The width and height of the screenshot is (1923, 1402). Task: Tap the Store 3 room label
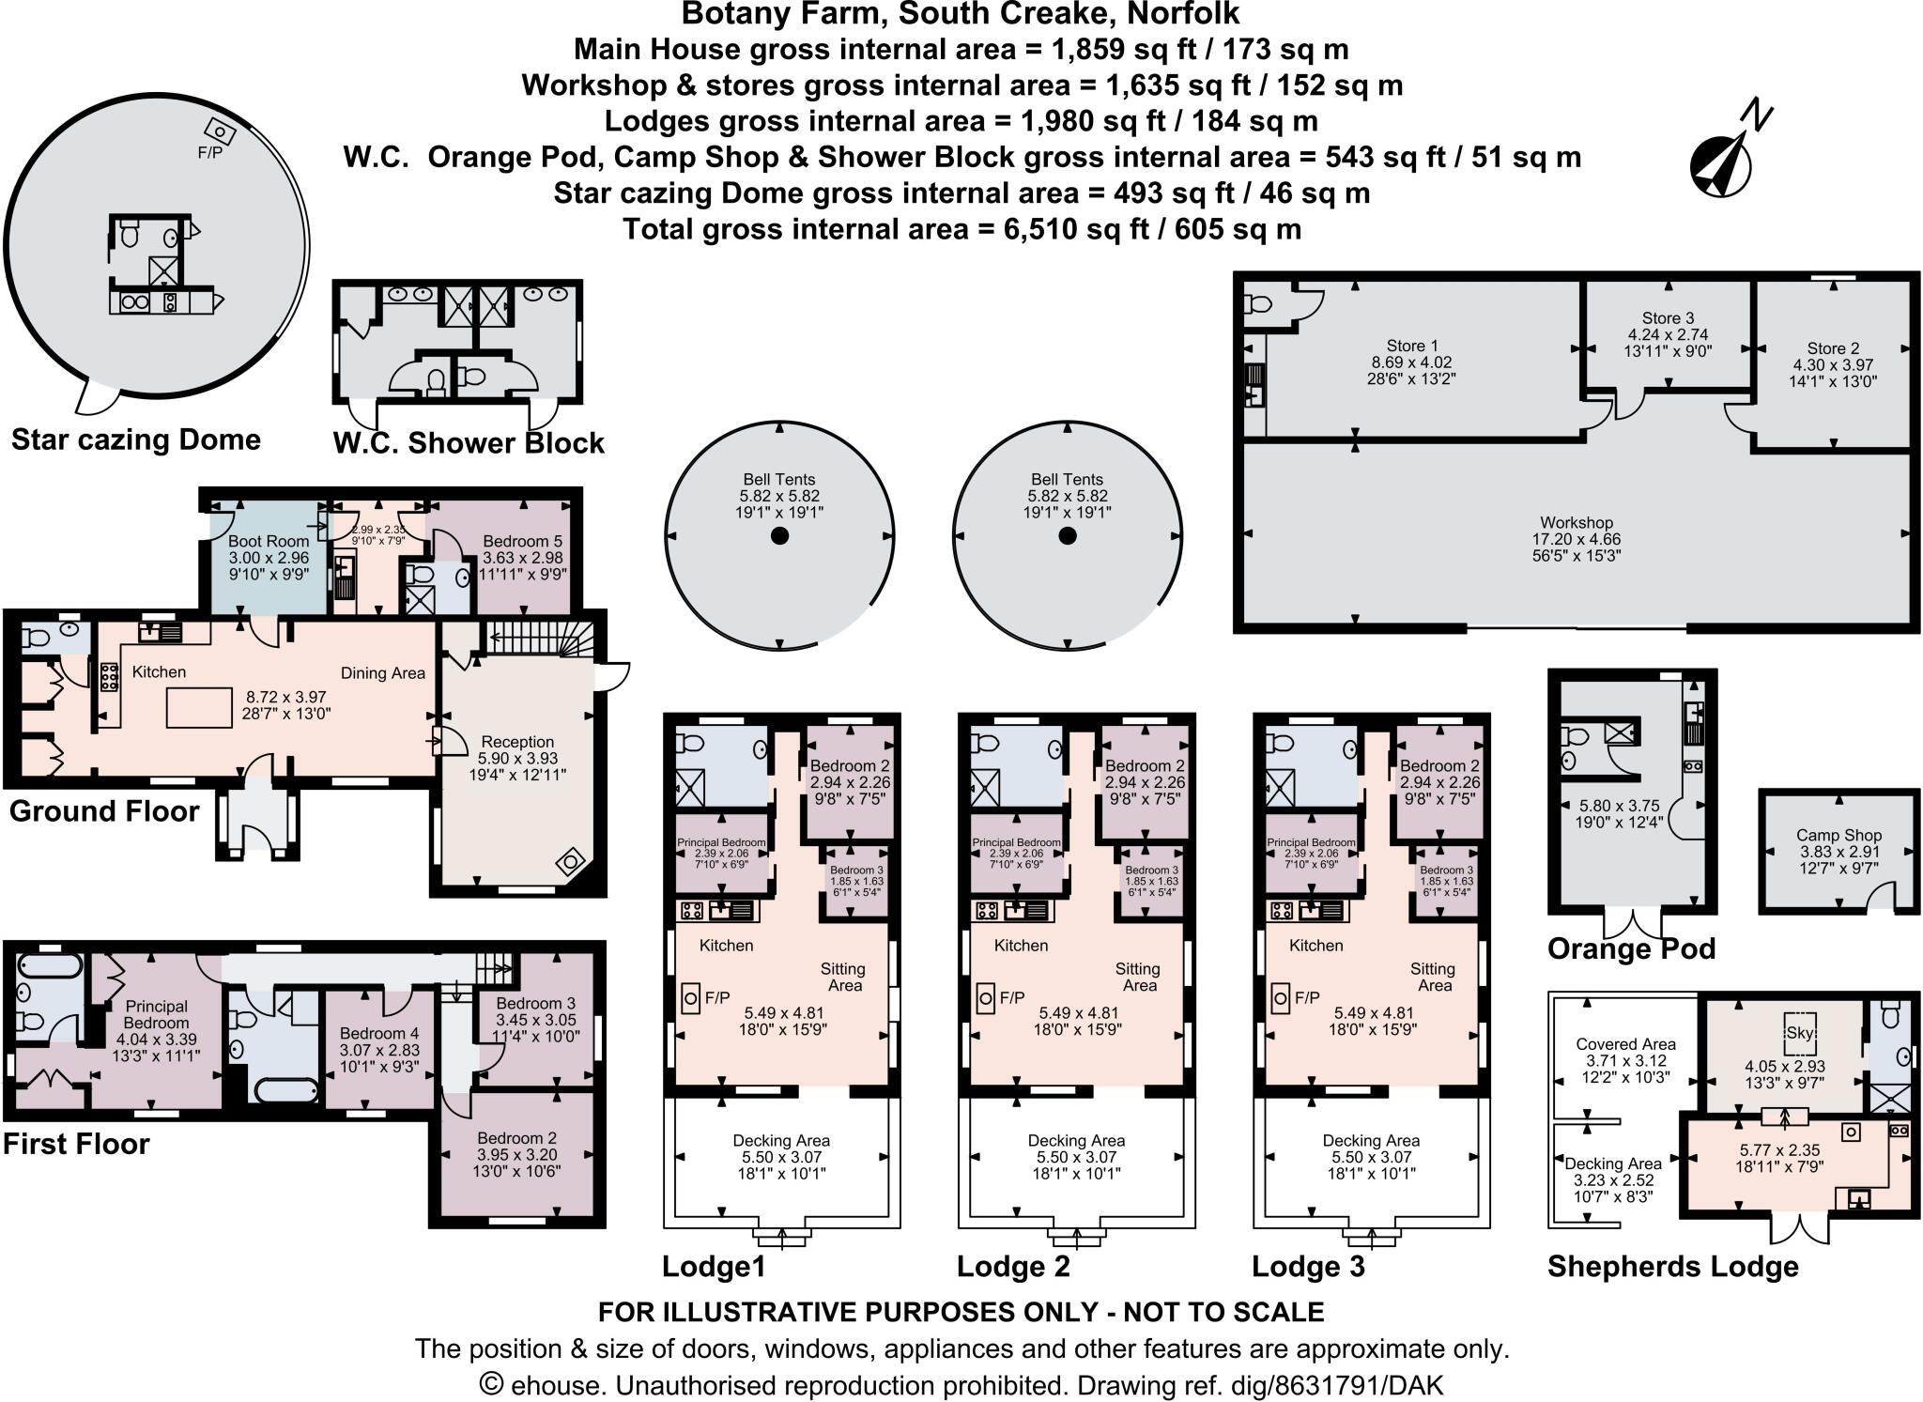1668,318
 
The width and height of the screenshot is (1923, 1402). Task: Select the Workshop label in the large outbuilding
1576,523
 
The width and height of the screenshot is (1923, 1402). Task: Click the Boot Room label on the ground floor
268,541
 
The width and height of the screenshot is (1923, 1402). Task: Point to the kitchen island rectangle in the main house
199,707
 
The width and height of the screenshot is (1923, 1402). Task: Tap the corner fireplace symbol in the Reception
570,862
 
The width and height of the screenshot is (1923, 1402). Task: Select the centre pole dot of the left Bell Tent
779,536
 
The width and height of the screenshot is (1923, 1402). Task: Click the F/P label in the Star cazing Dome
209,153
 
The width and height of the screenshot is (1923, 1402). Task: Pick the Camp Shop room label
1838,835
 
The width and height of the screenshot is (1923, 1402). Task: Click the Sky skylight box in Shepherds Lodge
1799,1033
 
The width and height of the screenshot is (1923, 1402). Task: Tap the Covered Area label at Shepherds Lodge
1625,1043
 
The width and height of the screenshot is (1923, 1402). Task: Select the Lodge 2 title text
1012,1267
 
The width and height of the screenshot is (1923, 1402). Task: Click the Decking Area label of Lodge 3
1370,1140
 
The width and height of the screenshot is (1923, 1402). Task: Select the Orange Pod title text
1631,948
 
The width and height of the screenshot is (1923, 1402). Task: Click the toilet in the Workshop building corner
1257,304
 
